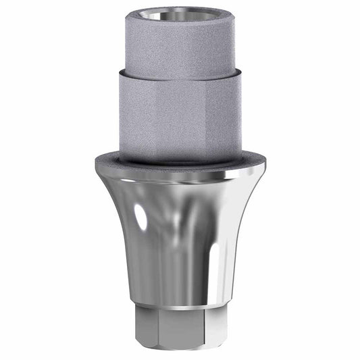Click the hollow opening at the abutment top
coord(180,14)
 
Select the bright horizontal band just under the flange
coord(180,177)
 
